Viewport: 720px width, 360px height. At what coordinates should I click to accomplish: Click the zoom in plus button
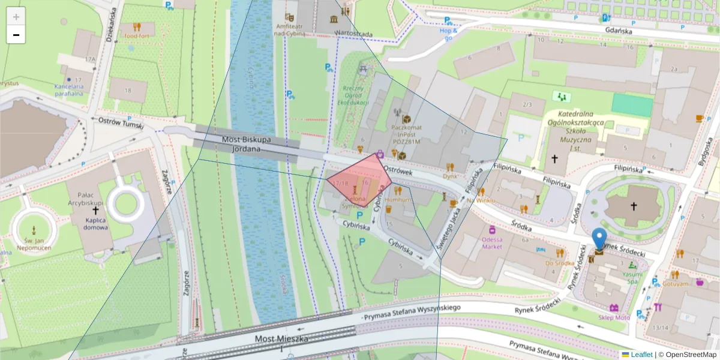[x=16, y=17]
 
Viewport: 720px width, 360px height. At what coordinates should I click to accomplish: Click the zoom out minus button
[x=16, y=35]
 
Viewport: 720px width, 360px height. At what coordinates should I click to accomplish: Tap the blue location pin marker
[x=599, y=239]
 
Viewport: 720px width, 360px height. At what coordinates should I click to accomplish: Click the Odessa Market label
[x=492, y=242]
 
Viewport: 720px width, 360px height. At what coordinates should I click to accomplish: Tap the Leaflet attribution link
[x=641, y=355]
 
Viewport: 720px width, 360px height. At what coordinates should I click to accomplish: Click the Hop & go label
[x=448, y=34]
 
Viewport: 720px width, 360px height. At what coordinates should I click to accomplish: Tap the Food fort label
[x=137, y=35]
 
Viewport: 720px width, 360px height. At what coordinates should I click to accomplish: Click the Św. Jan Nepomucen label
[x=34, y=244]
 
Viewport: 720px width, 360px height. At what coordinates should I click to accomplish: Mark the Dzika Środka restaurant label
[x=560, y=263]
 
